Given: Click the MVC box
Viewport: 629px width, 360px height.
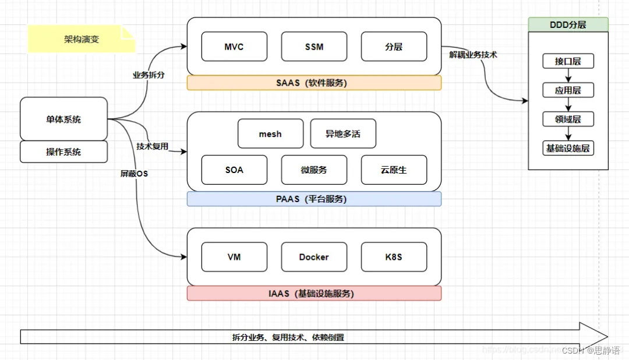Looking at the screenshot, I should (x=234, y=47).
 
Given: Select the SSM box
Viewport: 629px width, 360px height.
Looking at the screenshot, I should (x=314, y=47).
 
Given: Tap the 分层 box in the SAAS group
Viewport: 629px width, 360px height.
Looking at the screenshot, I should (x=394, y=47).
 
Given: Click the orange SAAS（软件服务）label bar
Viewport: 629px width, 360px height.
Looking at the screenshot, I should (x=314, y=83).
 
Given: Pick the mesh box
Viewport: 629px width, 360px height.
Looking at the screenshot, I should (x=270, y=134).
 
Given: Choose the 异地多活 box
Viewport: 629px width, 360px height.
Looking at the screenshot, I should (x=343, y=134).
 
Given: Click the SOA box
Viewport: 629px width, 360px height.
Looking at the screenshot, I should (x=234, y=170).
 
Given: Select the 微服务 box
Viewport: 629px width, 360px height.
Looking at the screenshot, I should (x=314, y=170).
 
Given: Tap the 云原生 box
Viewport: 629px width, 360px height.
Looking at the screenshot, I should (x=394, y=170).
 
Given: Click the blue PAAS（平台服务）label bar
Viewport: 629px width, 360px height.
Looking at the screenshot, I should (x=314, y=199).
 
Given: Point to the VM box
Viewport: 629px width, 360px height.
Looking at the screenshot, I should (x=234, y=257).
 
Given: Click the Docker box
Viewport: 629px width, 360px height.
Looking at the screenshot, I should (x=314, y=257).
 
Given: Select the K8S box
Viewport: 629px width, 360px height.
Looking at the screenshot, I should (x=394, y=257).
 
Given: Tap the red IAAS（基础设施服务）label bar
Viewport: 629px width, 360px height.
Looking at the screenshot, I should (x=314, y=294).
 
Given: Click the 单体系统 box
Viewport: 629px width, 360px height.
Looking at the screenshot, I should (x=64, y=119).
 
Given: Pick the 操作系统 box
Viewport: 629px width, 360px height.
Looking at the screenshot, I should (x=64, y=152).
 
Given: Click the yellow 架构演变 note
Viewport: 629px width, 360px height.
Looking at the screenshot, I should (x=82, y=40).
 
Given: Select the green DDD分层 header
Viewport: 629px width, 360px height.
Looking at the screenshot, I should (x=568, y=24).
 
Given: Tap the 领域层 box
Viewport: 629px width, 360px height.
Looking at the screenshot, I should (x=568, y=119).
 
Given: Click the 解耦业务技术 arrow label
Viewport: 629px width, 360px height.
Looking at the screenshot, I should (x=473, y=55).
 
